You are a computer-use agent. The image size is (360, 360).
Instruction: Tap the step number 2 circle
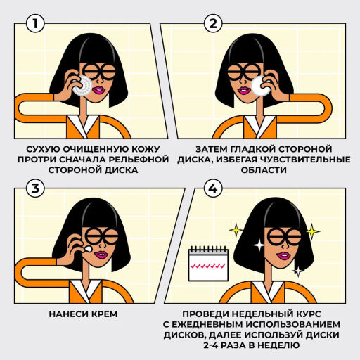click(x=213, y=23)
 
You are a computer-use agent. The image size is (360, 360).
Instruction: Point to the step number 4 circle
click(x=213, y=188)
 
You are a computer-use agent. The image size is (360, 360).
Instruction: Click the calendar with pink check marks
click(x=208, y=263)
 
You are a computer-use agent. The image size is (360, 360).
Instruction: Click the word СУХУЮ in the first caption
click(x=43, y=150)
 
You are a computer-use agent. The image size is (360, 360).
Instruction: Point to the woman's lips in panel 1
click(x=98, y=90)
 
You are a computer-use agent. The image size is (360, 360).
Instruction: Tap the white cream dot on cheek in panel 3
click(x=87, y=249)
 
